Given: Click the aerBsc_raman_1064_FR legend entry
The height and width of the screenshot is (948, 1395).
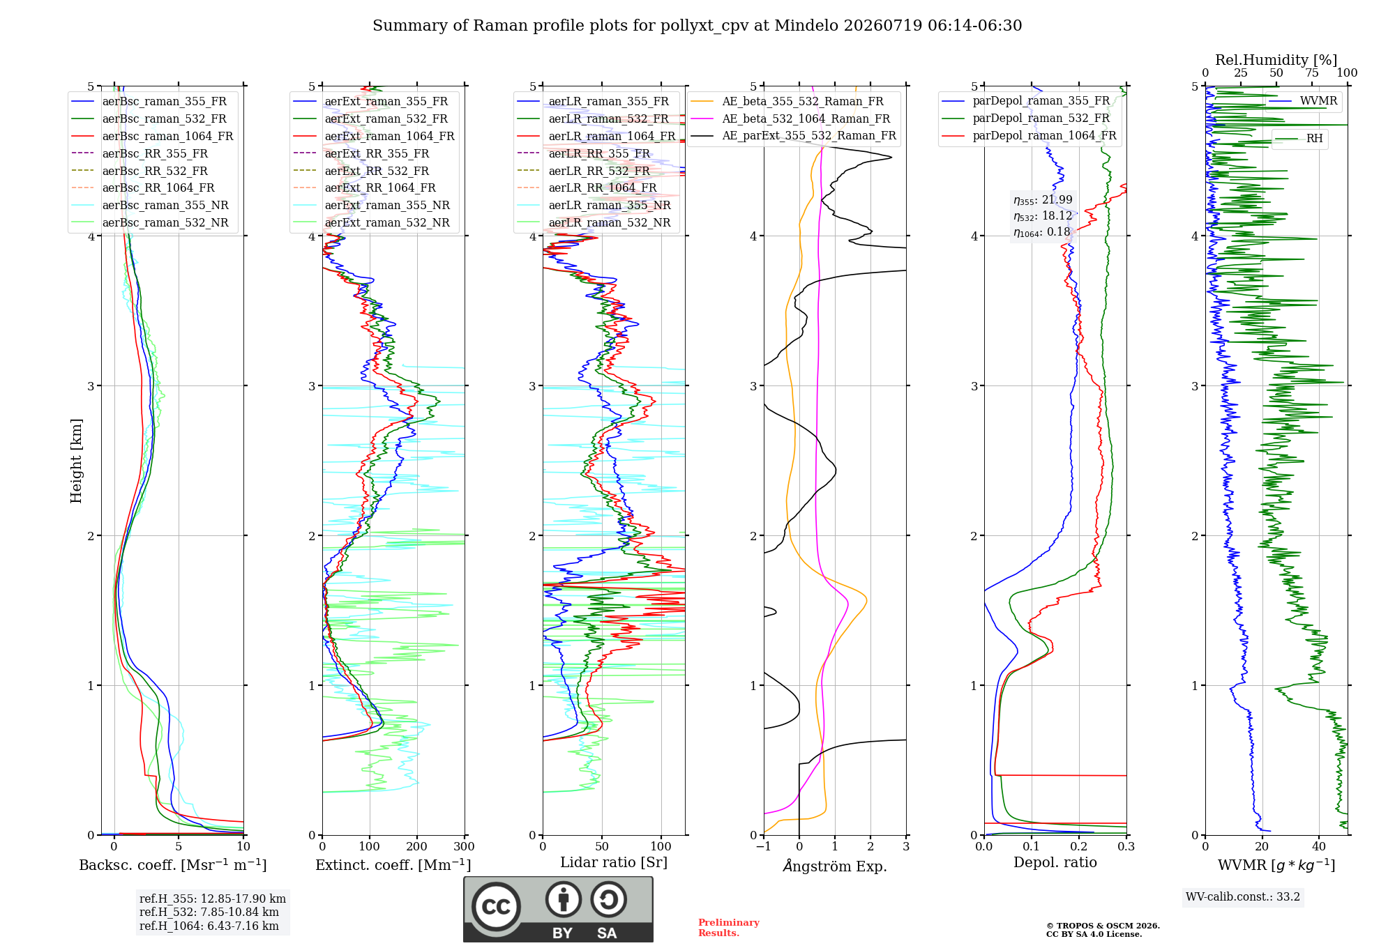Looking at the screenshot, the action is click(152, 136).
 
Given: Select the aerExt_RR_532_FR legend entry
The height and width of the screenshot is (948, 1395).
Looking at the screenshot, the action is click(375, 171).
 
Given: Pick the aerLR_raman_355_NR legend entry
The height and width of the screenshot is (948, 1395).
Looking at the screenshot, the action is click(594, 205).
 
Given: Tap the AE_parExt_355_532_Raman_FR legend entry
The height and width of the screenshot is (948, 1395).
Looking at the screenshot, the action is click(794, 135).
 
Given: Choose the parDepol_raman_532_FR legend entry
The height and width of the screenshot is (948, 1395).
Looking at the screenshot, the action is click(1026, 118).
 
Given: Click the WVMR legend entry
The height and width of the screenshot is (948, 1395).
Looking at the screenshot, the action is click(1303, 100).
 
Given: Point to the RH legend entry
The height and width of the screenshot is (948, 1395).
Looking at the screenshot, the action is click(1299, 138).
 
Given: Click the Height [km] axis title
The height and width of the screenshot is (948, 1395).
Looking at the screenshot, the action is click(76, 461).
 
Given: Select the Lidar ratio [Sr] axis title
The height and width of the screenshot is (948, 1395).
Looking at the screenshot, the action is click(614, 862).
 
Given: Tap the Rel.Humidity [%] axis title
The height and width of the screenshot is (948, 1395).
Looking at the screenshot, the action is click(1276, 60).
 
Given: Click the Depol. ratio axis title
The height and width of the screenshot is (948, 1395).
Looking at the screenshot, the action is click(1055, 862).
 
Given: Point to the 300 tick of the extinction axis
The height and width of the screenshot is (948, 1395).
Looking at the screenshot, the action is click(465, 846).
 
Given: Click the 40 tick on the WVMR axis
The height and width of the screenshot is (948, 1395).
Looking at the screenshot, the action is click(1319, 846).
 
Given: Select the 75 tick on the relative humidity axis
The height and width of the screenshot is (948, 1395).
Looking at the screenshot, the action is click(1312, 72).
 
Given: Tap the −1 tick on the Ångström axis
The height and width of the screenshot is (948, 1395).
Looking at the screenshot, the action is click(764, 846).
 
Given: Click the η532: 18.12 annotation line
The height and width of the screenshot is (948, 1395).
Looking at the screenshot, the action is click(1043, 216).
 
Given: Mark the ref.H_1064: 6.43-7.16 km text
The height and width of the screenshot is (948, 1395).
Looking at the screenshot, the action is click(209, 926).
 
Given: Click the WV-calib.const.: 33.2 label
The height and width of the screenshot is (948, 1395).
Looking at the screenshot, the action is click(1243, 896).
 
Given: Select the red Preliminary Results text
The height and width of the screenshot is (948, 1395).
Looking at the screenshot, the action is click(729, 928).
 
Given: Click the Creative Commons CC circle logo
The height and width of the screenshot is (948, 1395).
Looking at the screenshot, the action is click(496, 907).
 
